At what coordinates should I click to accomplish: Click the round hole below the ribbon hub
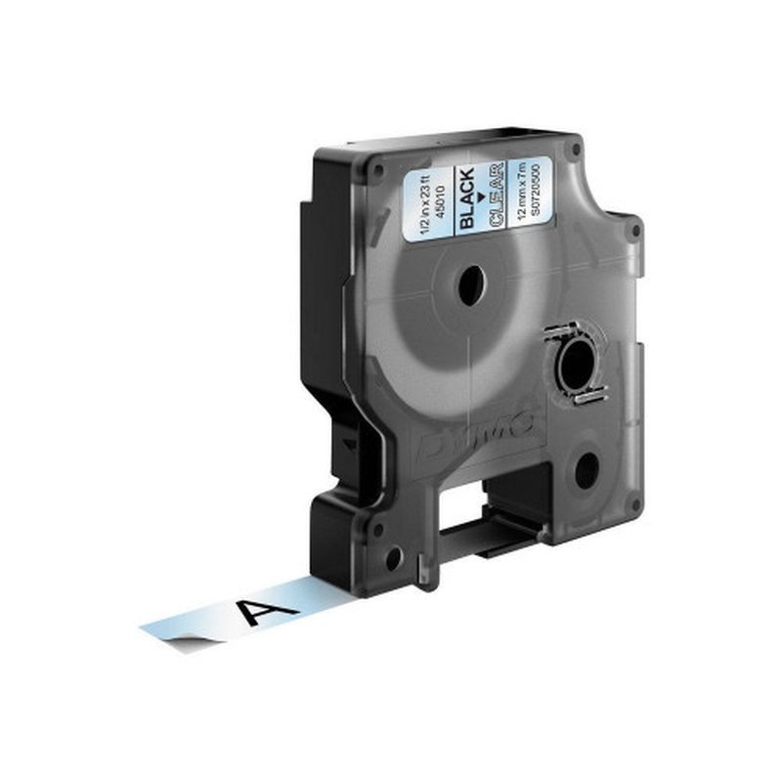(x=587, y=471)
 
